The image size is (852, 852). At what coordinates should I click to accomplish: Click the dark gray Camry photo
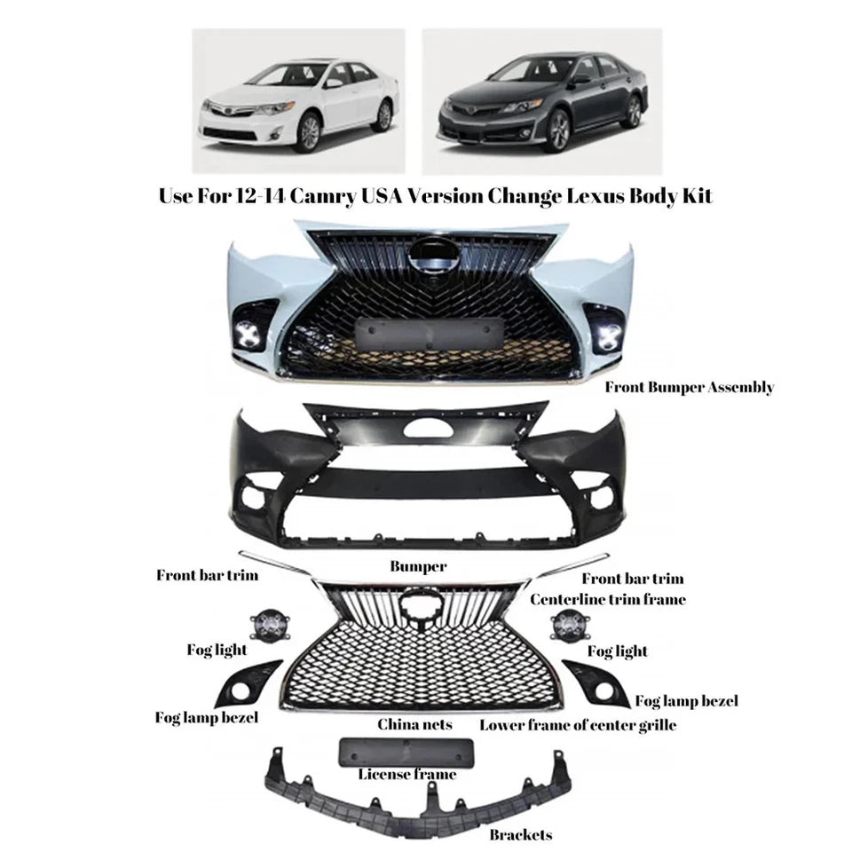[x=540, y=100]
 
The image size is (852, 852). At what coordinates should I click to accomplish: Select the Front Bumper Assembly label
[x=689, y=387]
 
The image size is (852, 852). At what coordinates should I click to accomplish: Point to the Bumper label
[x=418, y=565]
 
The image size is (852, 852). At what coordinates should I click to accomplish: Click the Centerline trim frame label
[x=608, y=600]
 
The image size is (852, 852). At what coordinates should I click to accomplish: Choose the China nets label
[x=414, y=725]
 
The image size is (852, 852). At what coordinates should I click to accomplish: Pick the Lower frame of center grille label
[x=578, y=725]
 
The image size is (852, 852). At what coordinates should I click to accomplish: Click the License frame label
[x=407, y=774]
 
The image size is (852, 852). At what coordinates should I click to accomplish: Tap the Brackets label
[x=520, y=834]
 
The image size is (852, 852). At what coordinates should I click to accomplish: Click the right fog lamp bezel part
[x=596, y=683]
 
